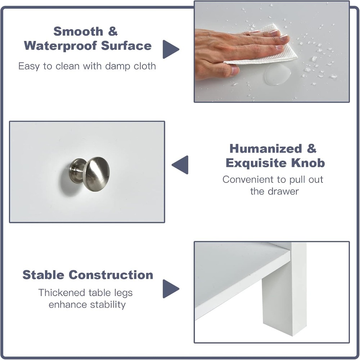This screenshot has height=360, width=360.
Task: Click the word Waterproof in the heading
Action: pos(61,46)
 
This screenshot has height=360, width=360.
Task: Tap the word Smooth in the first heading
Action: pos(78,31)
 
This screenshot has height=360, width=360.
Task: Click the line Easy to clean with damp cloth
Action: pos(87,66)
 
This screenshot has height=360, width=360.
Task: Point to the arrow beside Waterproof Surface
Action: pos(170,49)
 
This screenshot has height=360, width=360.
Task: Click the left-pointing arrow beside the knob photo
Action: pos(180,165)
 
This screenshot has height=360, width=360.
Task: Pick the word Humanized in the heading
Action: pos(266,149)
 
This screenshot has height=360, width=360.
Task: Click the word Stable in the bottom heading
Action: pos(44,275)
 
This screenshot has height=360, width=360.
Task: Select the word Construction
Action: pos(111,275)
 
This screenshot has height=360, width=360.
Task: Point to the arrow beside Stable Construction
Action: pos(171,288)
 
